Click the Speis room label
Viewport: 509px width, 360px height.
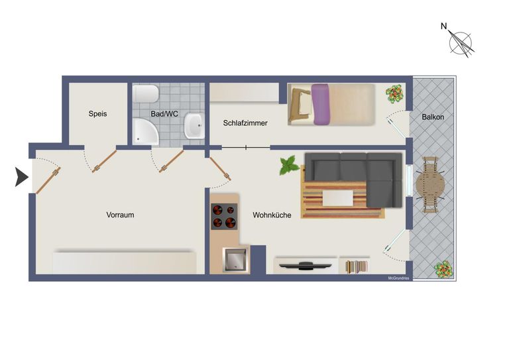(x=97, y=113)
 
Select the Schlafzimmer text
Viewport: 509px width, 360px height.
(x=245, y=123)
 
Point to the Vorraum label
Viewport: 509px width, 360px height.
(x=120, y=215)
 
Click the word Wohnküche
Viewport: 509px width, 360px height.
(x=272, y=215)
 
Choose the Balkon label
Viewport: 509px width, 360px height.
(x=433, y=117)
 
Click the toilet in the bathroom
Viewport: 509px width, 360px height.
(x=146, y=94)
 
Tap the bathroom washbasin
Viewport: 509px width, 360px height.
(x=194, y=125)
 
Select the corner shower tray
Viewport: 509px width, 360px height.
(x=145, y=131)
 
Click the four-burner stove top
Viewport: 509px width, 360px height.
(x=224, y=217)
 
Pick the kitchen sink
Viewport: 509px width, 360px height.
(x=236, y=259)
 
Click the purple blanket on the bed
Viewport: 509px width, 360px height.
(x=320, y=104)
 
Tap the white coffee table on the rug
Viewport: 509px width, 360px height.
(x=337, y=198)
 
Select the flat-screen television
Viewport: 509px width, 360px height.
(x=305, y=265)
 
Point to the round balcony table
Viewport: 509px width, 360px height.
(x=431, y=185)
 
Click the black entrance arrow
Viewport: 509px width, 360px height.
(x=21, y=177)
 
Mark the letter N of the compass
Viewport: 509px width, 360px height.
(x=444, y=26)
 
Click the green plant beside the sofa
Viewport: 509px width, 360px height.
(x=288, y=165)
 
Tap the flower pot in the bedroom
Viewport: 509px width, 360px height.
(x=395, y=94)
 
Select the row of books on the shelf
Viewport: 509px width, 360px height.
(x=355, y=267)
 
